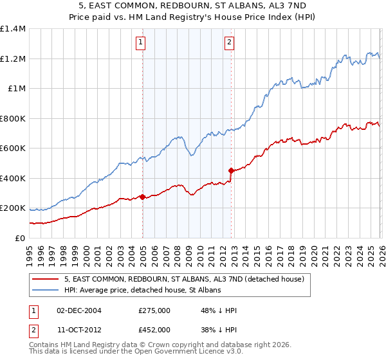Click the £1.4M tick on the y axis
(x=14, y=29)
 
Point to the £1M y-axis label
(x=17, y=89)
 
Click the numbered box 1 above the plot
(x=140, y=43)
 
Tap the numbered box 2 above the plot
(x=229, y=43)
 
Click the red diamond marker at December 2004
(x=142, y=197)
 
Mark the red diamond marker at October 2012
(x=231, y=170)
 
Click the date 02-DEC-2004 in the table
(x=79, y=310)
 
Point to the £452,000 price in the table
(x=154, y=329)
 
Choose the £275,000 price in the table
(x=154, y=310)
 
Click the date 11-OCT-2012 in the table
(x=79, y=329)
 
